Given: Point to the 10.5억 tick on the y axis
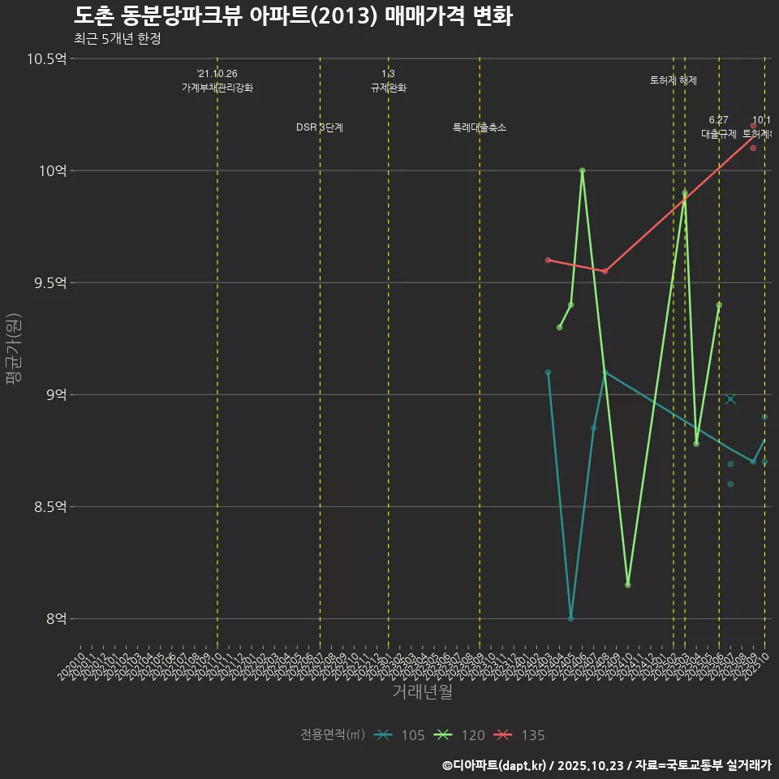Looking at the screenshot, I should click(45, 58).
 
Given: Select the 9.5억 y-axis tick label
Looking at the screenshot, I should click(49, 282).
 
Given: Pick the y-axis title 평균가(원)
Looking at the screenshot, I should click(14, 349).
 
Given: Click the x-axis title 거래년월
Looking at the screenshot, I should click(422, 692).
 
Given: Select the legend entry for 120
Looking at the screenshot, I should click(459, 735).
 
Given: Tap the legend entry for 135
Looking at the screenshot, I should click(519, 735).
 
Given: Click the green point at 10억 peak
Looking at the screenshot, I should click(583, 170).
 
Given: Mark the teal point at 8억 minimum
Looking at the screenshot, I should click(571, 618).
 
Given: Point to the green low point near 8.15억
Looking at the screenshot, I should click(628, 585).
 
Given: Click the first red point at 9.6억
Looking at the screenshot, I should click(548, 260).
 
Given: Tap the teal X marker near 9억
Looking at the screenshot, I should click(731, 399).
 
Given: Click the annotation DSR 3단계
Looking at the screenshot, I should click(320, 127).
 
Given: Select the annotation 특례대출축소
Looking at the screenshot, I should click(480, 127).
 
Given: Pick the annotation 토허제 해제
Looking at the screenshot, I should click(674, 80).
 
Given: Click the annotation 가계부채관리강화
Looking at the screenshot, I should click(217, 88).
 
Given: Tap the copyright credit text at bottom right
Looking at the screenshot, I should click(606, 765).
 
